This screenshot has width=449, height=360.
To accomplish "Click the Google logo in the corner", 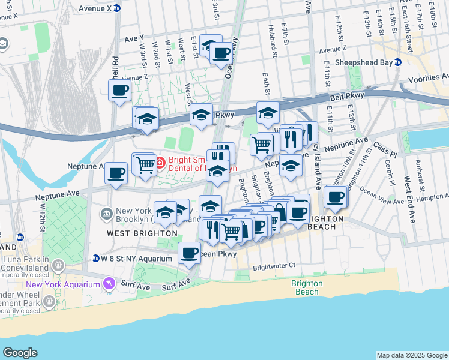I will click(20, 353).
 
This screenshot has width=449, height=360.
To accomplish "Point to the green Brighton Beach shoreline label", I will click(307, 287).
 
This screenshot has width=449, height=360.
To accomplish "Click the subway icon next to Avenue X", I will click(117, 8).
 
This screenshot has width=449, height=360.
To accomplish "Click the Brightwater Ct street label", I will click(274, 265).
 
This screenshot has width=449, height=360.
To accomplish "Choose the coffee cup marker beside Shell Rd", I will click(119, 91).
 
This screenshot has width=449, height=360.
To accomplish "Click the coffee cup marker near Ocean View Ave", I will click(336, 196).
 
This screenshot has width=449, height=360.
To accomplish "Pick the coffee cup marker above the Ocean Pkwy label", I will click(189, 253).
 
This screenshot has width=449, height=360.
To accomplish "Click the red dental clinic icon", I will click(160, 161).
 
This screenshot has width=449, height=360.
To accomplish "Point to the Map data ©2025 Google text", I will click(411, 355).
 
